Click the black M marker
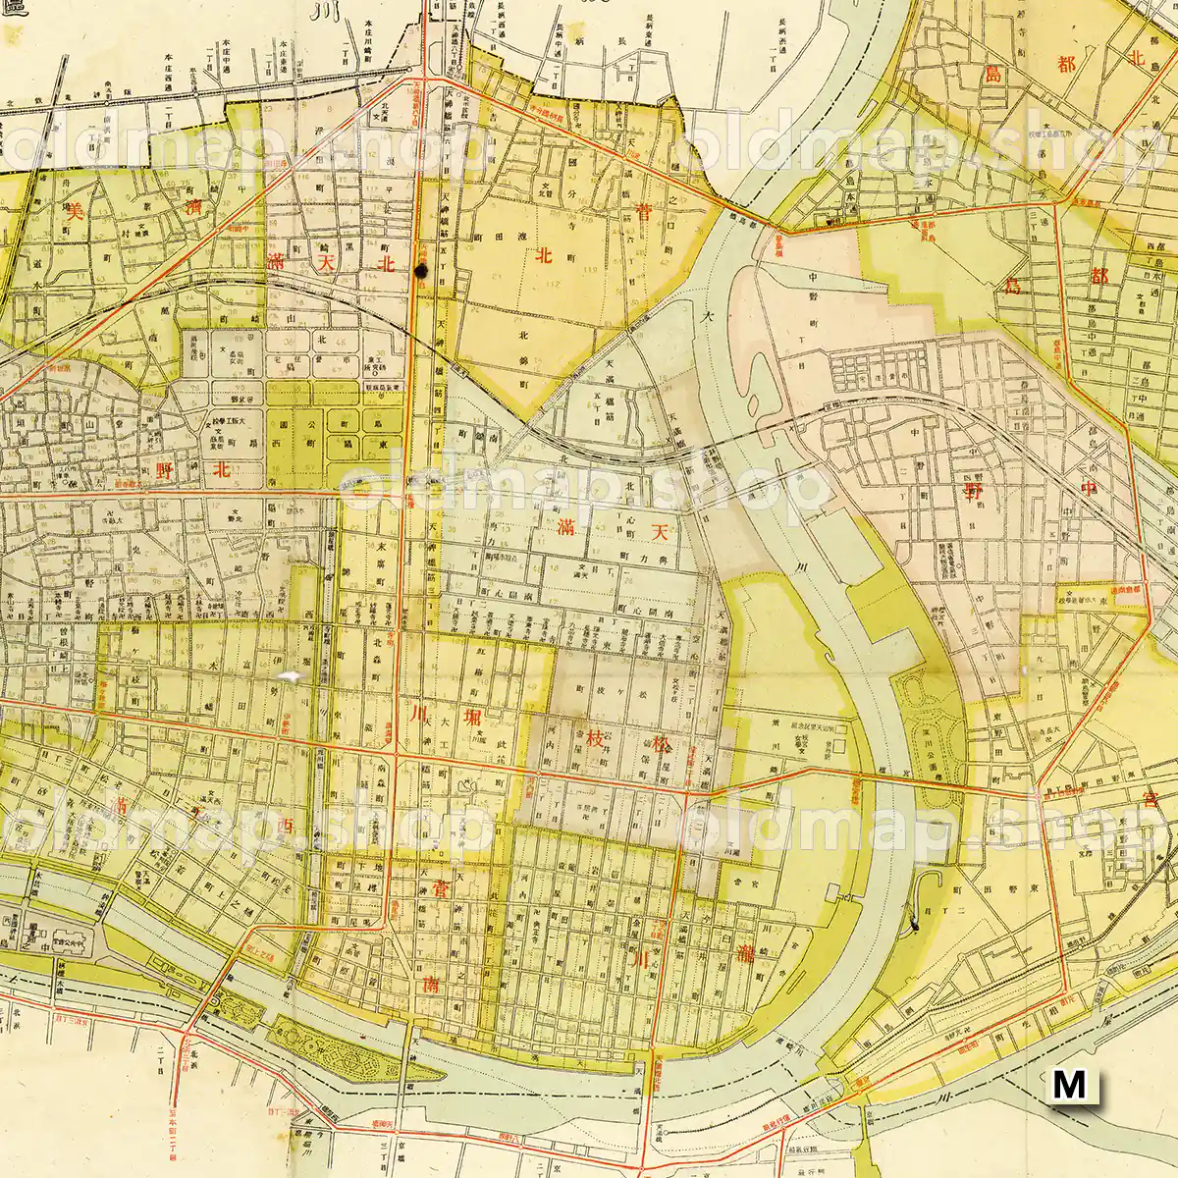point(1069,1085)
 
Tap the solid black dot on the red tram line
point(421,271)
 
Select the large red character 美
point(73,208)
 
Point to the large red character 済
point(196,208)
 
